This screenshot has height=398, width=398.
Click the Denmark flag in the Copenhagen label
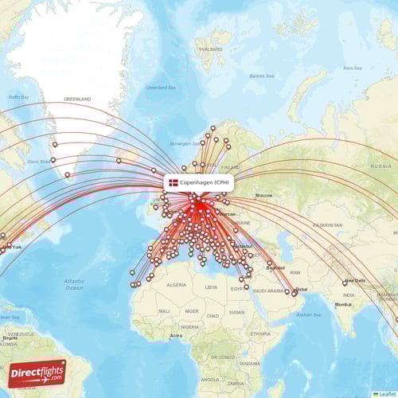pyautogui.click(x=174, y=182)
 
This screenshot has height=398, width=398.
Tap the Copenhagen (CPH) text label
pyautogui.click(x=205, y=182)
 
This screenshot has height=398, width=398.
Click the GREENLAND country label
pyautogui.click(x=77, y=99)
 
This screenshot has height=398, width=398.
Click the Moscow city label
pyautogui.click(x=263, y=195)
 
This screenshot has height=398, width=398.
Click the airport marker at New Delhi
pyautogui.click(x=345, y=283)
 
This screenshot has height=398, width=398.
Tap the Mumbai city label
pyautogui.click(x=343, y=304)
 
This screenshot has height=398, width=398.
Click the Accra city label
pyautogui.click(x=176, y=335)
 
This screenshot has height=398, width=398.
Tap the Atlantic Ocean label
pyautogui.click(x=74, y=284)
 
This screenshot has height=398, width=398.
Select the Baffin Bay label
pyautogui.click(x=18, y=97)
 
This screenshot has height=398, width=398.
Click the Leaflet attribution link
pyautogui.click(x=387, y=393)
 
